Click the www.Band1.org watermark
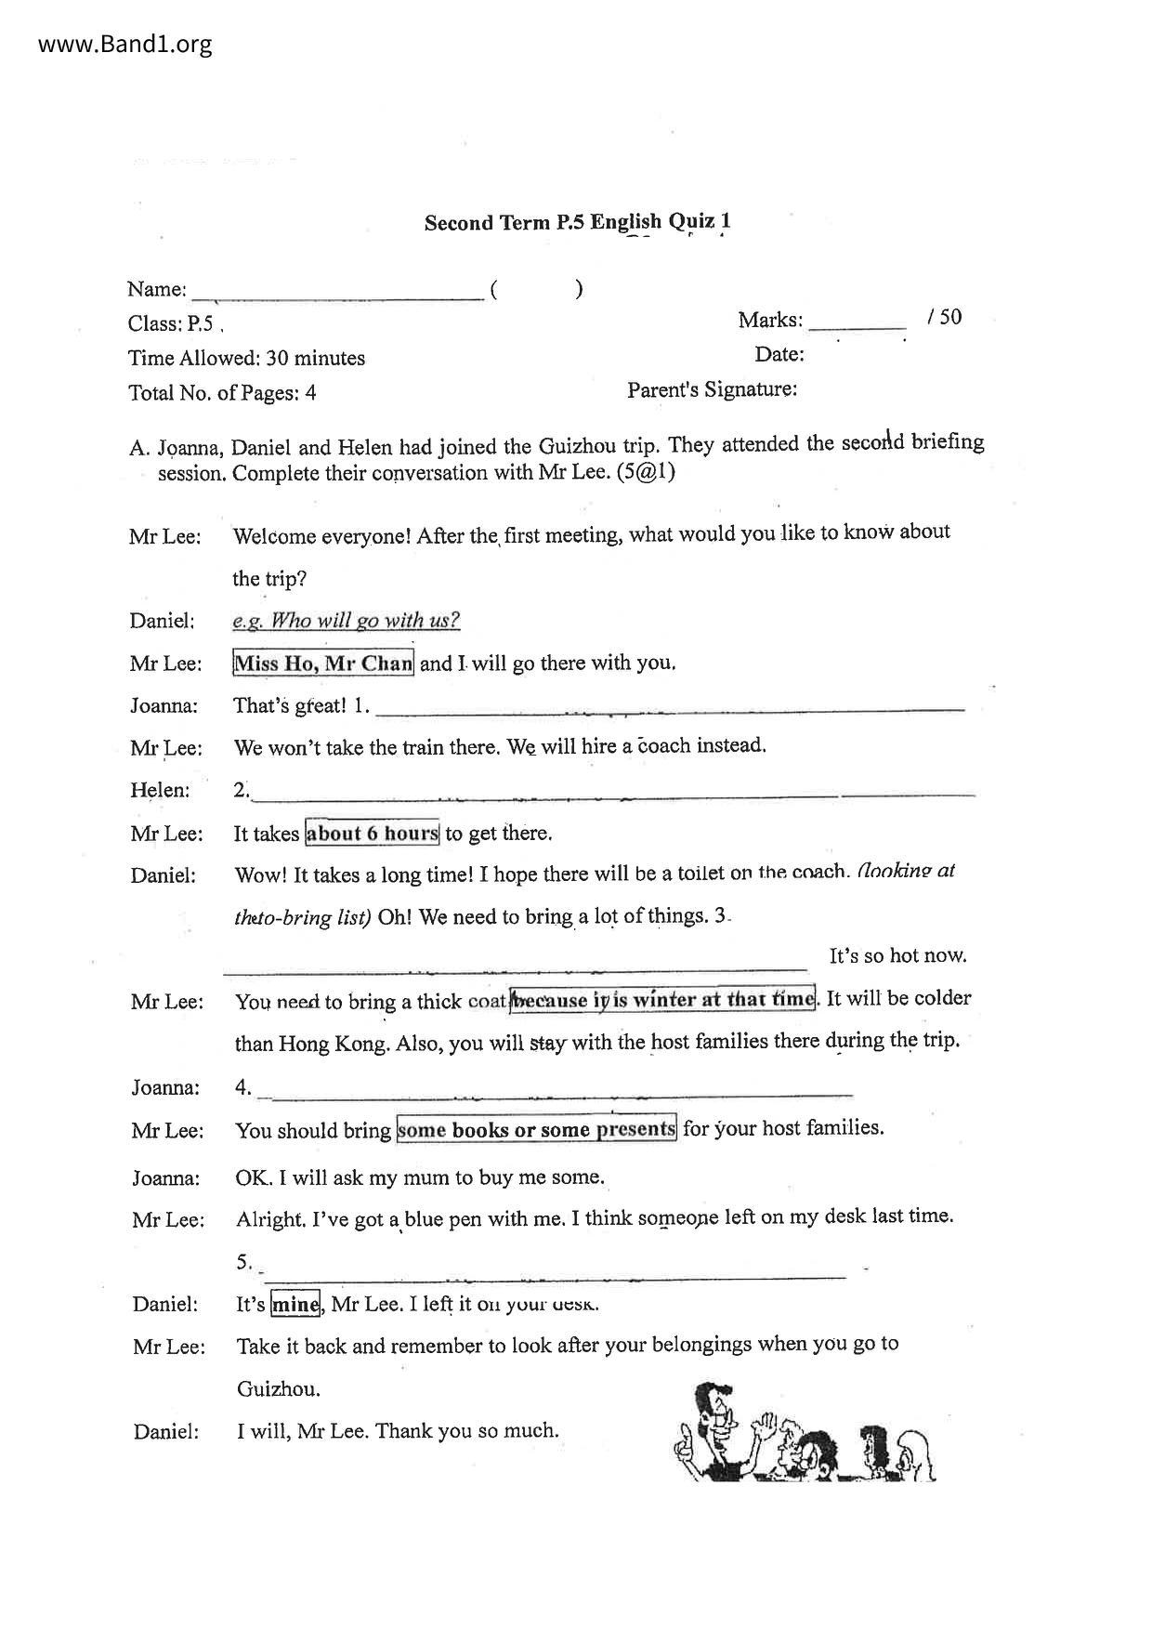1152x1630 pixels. (125, 44)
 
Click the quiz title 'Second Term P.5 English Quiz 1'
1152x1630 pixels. (577, 222)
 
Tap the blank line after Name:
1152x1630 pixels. (336, 296)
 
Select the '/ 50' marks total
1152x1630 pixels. (944, 318)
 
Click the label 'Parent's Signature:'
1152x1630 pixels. (712, 389)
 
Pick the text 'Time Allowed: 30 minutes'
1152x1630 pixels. (246, 358)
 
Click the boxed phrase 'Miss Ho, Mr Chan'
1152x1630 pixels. (322, 664)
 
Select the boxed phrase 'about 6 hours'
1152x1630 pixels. (372, 833)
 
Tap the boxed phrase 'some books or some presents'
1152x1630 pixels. (536, 1129)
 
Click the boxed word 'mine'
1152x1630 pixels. (295, 1304)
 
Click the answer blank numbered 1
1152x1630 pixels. (669, 710)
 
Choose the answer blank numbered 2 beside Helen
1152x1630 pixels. (613, 795)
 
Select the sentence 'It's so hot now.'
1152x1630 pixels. (897, 955)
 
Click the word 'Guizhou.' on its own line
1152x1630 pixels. (278, 1389)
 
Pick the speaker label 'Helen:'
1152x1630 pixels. (160, 791)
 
